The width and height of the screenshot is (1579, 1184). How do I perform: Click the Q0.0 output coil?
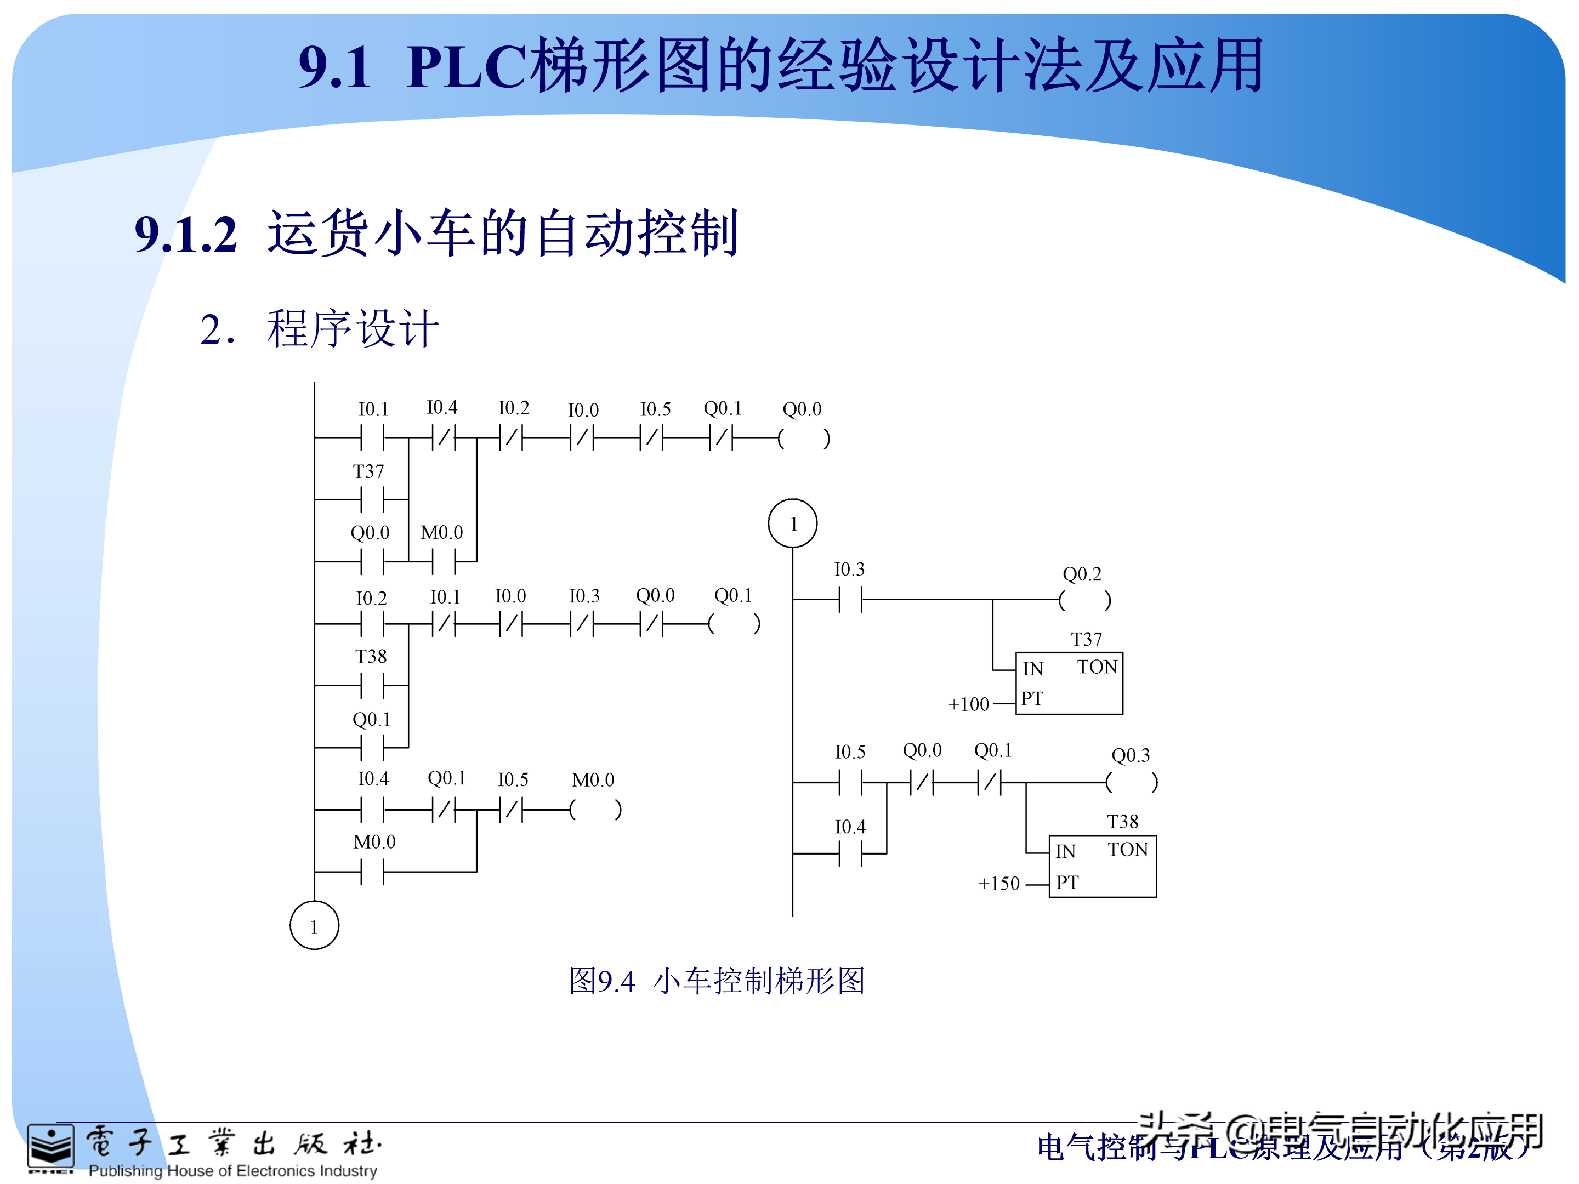click(804, 438)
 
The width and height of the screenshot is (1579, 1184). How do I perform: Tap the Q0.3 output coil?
click(1132, 783)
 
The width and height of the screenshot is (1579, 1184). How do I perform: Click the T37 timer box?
click(1069, 683)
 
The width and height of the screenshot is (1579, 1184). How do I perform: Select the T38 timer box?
click(1102, 866)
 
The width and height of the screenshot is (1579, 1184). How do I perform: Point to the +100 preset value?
click(969, 704)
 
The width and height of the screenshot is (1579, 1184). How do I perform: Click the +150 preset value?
click(998, 884)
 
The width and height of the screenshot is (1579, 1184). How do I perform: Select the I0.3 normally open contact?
click(850, 600)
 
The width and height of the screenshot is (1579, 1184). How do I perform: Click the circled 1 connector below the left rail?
click(314, 926)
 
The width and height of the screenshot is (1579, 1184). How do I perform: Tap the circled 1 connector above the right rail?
click(792, 523)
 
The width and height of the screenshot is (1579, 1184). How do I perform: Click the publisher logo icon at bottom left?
click(50, 1148)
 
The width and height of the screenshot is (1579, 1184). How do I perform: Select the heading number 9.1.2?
click(186, 234)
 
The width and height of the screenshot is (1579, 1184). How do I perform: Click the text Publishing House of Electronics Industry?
click(232, 1171)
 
